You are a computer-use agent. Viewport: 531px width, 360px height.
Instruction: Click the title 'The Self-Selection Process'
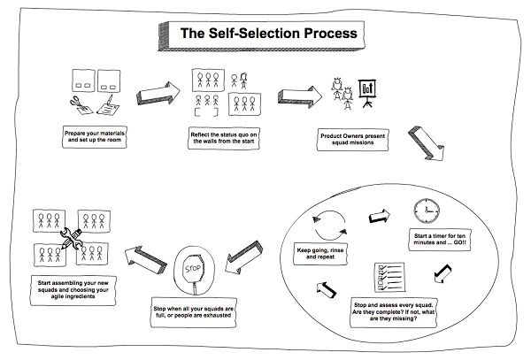pos(268,33)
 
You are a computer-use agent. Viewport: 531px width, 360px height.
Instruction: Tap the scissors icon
pos(81,105)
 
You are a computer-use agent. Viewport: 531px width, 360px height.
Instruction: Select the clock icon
pos(427,211)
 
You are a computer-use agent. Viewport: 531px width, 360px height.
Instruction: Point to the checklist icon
pos(389,278)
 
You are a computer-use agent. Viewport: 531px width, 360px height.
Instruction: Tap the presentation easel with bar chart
pos(367,94)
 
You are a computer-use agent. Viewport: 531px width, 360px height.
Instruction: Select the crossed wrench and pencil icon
pos(72,238)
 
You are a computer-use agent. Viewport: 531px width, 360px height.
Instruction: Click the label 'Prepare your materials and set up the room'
pos(95,137)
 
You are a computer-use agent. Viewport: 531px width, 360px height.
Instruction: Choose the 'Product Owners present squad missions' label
pos(352,140)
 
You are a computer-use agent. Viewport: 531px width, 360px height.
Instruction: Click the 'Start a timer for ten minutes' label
pos(440,239)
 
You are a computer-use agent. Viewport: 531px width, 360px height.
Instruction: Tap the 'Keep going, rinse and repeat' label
pos(320,254)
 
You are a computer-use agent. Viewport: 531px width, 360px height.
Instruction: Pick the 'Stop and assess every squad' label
pos(393,312)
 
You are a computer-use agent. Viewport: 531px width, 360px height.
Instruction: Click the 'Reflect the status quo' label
pos(224,138)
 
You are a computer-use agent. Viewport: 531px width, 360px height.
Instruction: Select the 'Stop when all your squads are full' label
pos(193,312)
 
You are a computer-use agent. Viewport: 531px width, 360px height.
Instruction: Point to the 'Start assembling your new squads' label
pos(73,290)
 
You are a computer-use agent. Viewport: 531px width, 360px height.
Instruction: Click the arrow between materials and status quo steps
pos(158,94)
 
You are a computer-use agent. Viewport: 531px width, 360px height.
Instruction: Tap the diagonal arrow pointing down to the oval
pos(427,143)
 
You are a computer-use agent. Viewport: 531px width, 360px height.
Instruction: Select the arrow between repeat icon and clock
pos(380,216)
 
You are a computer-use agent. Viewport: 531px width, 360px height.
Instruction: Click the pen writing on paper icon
pos(108,105)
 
